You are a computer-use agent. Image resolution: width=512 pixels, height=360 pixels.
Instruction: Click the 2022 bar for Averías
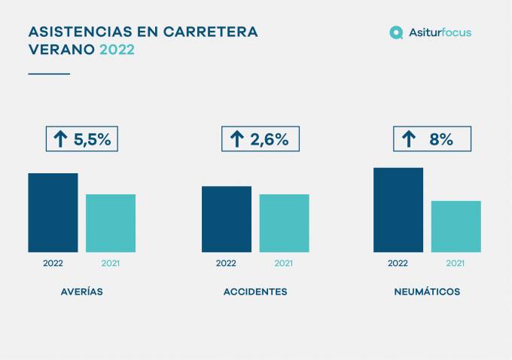click(53, 212)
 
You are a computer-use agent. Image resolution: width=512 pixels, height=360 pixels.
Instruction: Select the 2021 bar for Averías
click(111, 223)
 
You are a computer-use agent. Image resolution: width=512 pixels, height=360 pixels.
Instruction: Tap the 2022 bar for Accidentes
click(227, 219)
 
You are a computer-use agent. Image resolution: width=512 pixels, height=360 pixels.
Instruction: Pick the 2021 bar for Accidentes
click(284, 223)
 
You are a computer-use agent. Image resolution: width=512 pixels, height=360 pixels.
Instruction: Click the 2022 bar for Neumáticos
click(398, 209)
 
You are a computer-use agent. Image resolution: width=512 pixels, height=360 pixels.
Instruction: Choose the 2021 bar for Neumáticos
click(456, 226)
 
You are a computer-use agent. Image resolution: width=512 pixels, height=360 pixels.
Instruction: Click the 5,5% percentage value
click(92, 139)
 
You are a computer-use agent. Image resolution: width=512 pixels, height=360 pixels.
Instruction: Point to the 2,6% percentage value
click(270, 139)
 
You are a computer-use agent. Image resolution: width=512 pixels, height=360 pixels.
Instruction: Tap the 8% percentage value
click(441, 139)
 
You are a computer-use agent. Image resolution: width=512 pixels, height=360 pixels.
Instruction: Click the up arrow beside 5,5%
click(59, 139)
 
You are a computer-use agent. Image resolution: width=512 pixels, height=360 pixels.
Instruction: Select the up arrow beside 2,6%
click(237, 139)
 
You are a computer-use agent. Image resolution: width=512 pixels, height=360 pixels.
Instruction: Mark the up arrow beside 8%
click(409, 139)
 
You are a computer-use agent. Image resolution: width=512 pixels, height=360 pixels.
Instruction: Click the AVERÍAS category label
click(82, 292)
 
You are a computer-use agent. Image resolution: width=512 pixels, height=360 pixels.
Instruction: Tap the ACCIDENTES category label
click(255, 292)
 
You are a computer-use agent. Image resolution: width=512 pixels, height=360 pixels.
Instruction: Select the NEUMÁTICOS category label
click(427, 292)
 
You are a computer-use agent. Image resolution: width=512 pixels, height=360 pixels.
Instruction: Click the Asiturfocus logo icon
click(396, 32)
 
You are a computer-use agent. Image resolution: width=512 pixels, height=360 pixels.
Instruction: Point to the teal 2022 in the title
click(117, 50)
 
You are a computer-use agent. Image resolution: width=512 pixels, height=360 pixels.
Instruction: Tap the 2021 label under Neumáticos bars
click(456, 264)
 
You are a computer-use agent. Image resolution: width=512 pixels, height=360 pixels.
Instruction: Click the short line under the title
click(49, 74)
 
